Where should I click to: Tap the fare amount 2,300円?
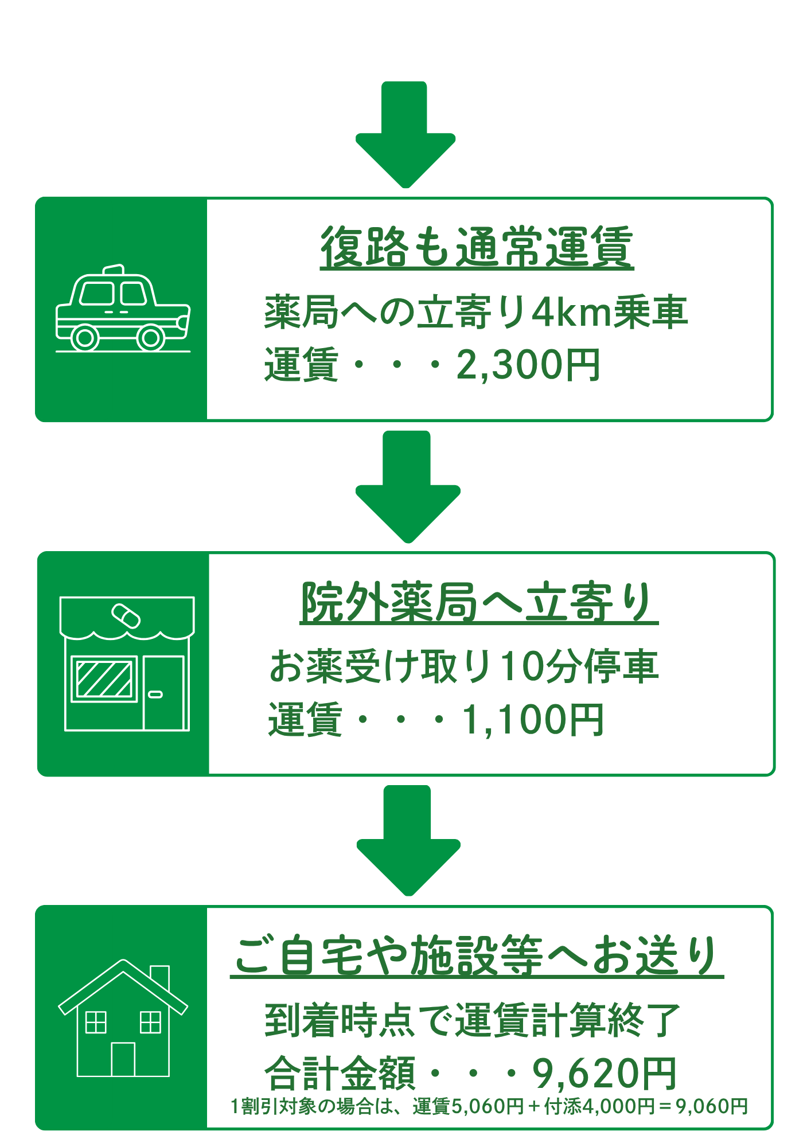point(528,365)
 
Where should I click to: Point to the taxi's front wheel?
point(151,338)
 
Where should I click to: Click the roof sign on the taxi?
point(113,270)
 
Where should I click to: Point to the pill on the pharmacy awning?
point(126,616)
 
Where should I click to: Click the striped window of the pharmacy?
point(104,679)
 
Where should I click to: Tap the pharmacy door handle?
point(155,695)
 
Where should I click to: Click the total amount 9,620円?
point(605,1074)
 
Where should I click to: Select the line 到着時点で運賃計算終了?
point(473,1021)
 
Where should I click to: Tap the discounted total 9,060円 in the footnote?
point(712,1106)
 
